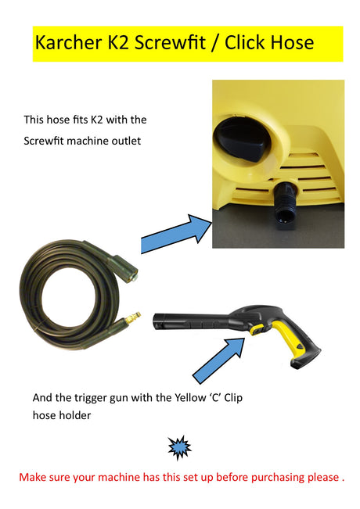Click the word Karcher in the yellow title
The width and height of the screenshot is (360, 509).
pos(68,42)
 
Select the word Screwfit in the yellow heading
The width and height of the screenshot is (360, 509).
pos(170,42)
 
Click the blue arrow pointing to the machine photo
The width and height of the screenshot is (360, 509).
pos(176,233)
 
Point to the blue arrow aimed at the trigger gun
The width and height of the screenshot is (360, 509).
pos(218,360)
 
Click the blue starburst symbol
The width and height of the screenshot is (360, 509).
pos(179,448)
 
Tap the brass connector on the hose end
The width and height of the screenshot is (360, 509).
pos(133,318)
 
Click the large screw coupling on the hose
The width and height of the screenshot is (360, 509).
pos(125,269)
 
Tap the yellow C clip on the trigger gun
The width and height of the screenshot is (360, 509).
pos(257,329)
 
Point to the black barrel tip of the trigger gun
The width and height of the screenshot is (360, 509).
pos(158,321)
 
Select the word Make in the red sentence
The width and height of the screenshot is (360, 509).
pos(33,478)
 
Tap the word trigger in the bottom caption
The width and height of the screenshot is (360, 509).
pos(90,398)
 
